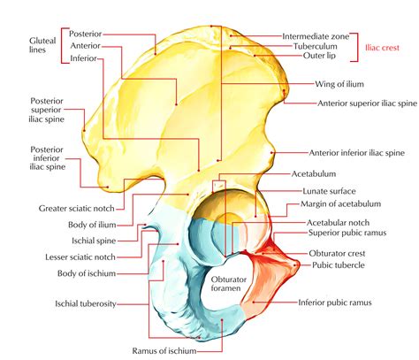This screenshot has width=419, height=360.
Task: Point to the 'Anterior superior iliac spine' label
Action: pyautogui.click(x=367, y=103)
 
